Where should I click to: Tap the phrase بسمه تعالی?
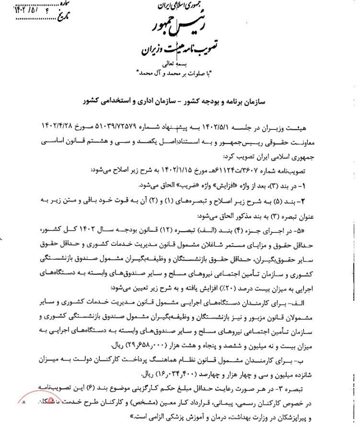coord(183,64)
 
